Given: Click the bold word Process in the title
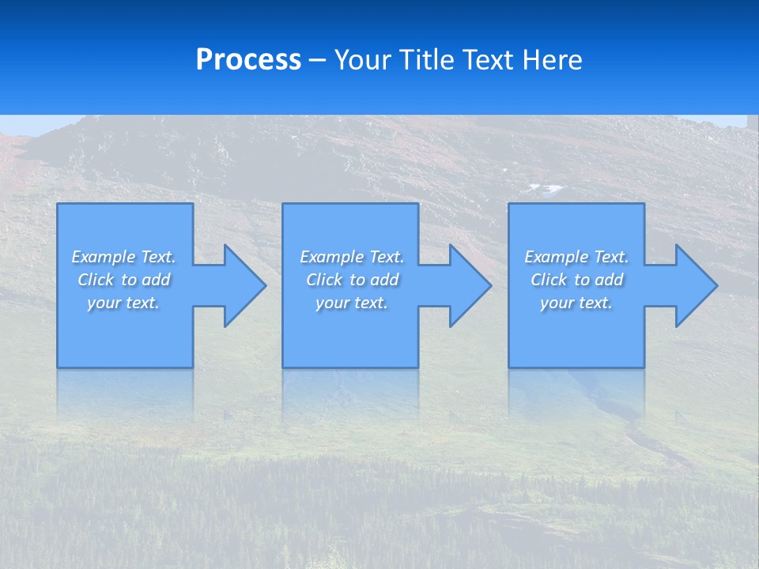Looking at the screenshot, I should (x=248, y=60).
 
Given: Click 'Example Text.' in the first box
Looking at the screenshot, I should (x=123, y=257).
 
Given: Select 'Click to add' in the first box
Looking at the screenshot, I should (x=123, y=280).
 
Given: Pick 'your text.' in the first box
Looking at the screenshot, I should (x=123, y=303).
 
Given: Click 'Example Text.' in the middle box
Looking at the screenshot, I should (x=352, y=257).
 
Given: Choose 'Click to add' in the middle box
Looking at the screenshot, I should (x=352, y=280).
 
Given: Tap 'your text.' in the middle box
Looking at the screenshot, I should (x=352, y=303).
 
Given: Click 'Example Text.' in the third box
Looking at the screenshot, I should (x=576, y=257).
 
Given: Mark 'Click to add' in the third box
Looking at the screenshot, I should (x=576, y=280).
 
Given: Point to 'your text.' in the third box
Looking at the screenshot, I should (x=576, y=303).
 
